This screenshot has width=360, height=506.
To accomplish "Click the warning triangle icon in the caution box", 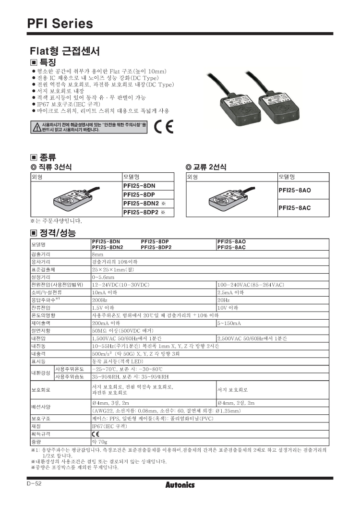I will (36, 127).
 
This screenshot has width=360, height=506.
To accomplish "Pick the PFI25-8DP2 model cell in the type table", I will (144, 212).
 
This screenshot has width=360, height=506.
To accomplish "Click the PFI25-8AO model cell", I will (295, 190).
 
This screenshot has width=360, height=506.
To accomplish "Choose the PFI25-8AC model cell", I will (295, 207).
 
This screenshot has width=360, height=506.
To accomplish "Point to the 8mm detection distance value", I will (98, 253).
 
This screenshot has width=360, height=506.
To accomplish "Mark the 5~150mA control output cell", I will (229, 323).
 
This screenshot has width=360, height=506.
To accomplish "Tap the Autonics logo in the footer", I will (180, 485).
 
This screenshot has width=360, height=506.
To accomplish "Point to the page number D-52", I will (34, 483).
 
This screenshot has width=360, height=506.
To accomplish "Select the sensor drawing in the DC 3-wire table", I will (73, 197).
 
